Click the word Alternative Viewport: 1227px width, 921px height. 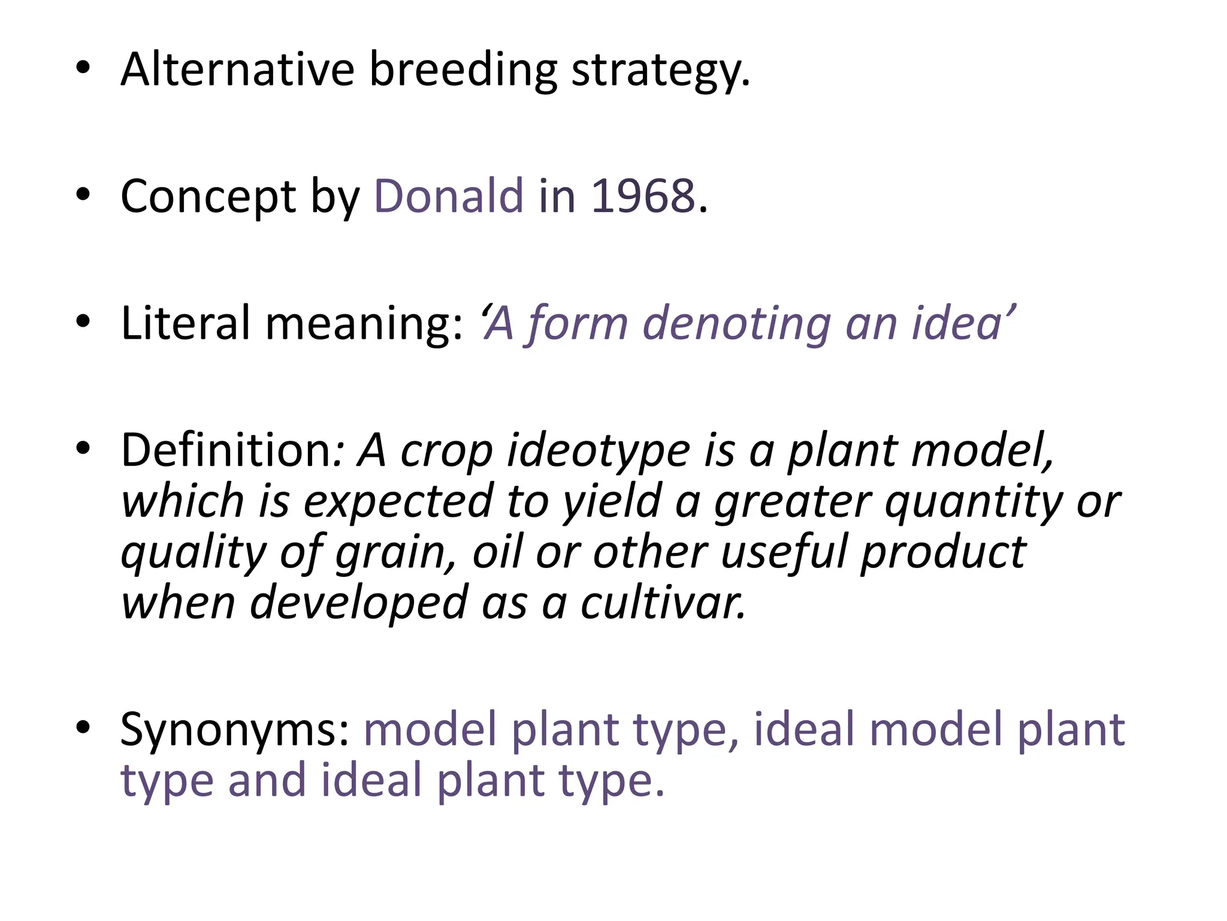[x=237, y=70]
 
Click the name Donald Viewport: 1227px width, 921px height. [x=449, y=196]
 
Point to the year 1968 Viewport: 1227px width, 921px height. [x=643, y=196]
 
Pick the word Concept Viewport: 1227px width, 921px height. [x=208, y=197]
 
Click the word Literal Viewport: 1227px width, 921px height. [x=185, y=323]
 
